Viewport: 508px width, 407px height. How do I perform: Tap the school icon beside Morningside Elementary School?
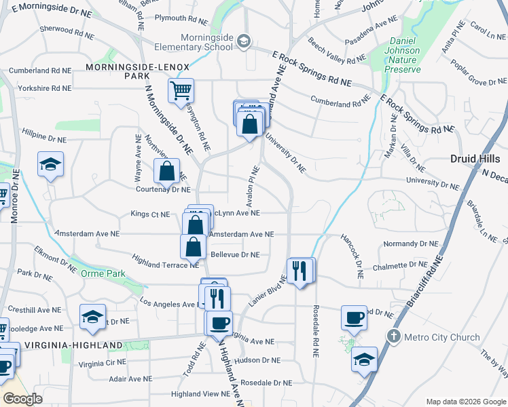coord(243,42)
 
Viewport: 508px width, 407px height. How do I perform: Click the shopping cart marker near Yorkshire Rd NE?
coord(181,90)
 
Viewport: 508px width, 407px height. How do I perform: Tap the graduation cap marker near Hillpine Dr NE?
coord(50,166)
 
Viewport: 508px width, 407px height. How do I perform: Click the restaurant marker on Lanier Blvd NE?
coord(300,271)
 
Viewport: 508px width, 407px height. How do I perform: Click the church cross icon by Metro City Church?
coord(394,336)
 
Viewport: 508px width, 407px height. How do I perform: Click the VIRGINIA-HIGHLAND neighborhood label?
coord(73,345)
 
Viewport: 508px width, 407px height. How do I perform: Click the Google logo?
coord(22,399)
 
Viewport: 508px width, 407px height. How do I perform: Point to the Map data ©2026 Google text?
coord(465,402)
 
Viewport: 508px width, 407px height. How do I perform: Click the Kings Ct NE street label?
coord(150,214)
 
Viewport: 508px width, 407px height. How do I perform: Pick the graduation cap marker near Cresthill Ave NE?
coord(93,316)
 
